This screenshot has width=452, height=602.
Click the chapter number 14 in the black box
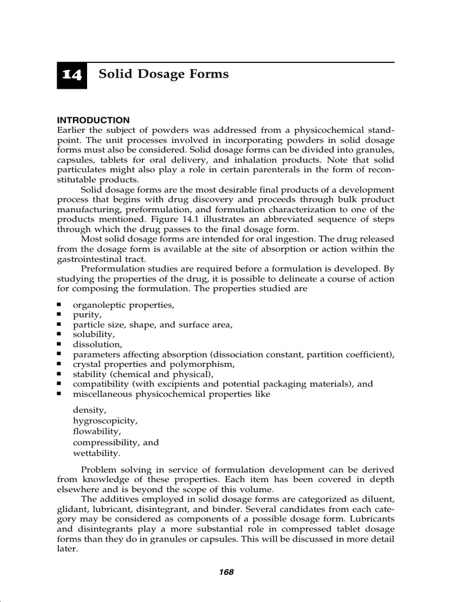tap(72, 76)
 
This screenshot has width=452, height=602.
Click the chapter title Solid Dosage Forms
tap(164, 74)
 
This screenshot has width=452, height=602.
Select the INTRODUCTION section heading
tap(94, 120)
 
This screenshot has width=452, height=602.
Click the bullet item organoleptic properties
tap(124, 305)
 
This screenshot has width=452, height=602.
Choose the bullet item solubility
tap(93, 335)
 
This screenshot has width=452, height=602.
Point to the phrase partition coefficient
tap(351, 354)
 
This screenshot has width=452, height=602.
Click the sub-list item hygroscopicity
tap(105, 421)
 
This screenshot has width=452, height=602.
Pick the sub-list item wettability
tap(96, 453)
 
